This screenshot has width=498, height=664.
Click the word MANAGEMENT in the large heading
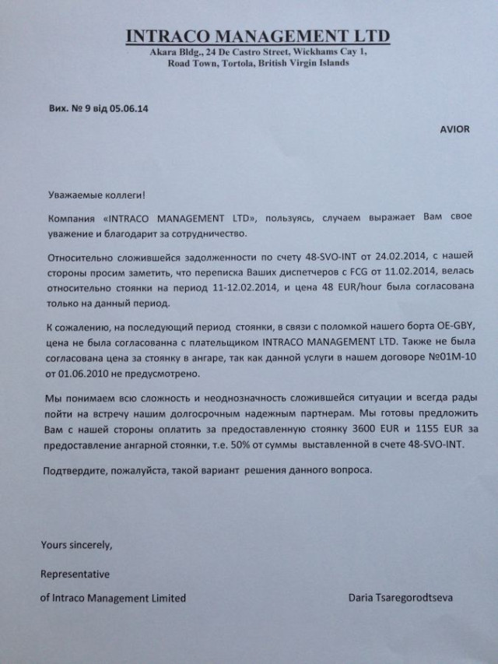(260, 36)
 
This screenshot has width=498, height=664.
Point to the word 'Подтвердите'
(72, 471)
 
